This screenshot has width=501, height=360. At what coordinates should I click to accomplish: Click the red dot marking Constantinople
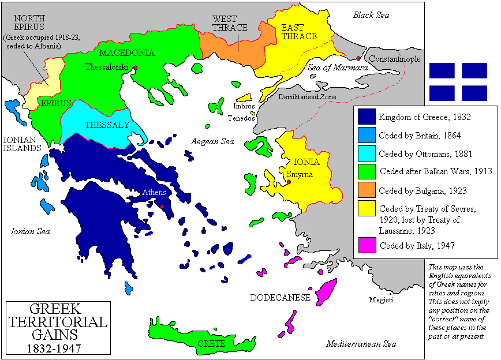(358, 58)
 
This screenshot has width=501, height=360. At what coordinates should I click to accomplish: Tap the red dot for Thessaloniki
(135, 67)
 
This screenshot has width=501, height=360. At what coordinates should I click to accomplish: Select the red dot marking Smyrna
(288, 182)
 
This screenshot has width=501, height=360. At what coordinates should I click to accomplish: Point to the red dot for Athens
(162, 207)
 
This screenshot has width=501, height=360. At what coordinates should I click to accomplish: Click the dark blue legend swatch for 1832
(367, 117)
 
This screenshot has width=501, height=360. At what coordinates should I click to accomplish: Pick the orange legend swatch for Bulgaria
(367, 190)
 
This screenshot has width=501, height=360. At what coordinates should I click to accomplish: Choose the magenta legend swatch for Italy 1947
(367, 245)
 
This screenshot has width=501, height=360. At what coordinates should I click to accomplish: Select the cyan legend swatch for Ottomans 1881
(367, 153)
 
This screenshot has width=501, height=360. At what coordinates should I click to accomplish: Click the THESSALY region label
(99, 125)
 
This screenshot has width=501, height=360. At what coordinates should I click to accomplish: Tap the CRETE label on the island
(207, 343)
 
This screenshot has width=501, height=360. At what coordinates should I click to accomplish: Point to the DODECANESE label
(280, 298)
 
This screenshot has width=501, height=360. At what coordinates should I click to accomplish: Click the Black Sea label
(371, 15)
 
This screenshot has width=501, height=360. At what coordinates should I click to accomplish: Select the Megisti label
(382, 300)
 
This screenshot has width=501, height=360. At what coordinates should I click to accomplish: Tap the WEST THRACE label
(230, 23)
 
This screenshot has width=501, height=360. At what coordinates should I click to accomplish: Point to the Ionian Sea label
(31, 231)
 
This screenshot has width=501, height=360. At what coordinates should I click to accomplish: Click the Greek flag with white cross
(458, 81)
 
